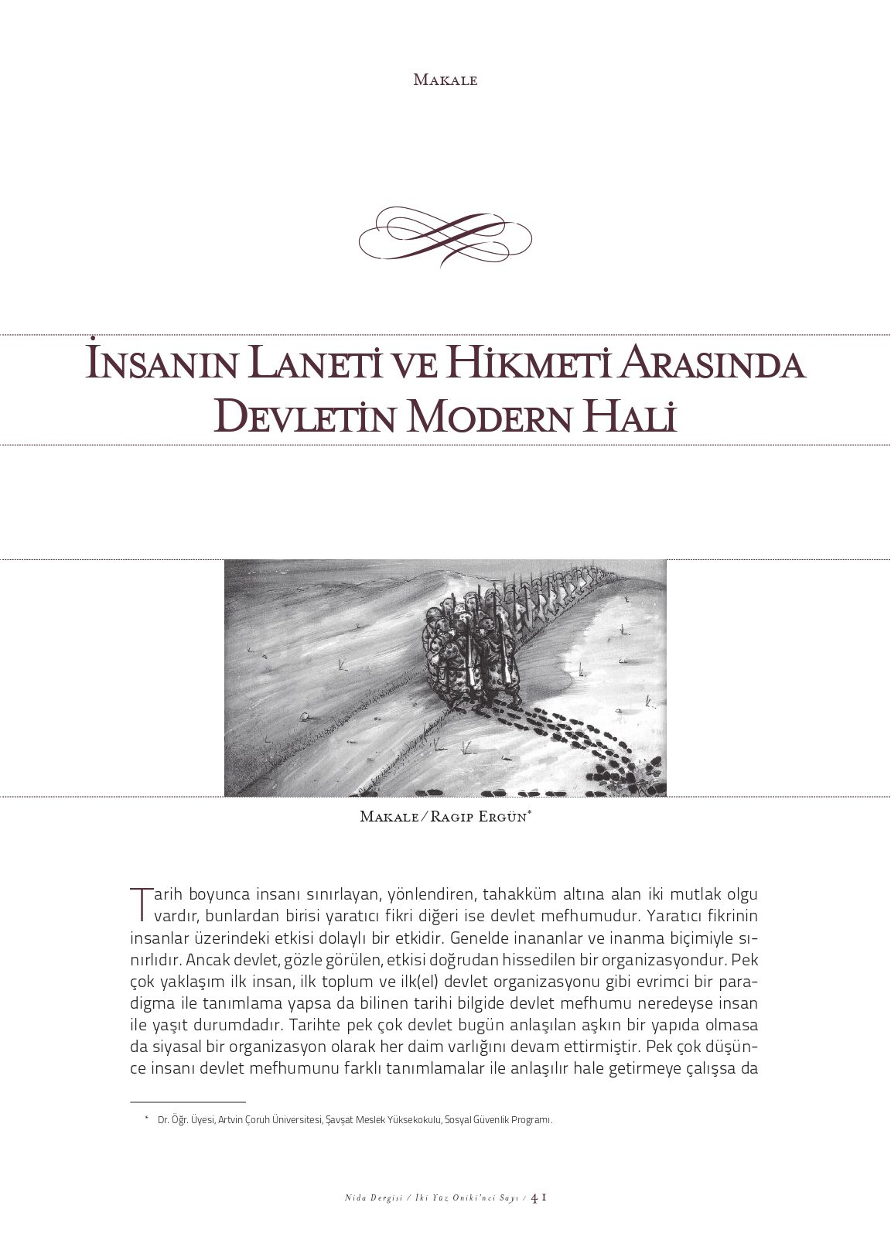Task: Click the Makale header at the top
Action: [445, 80]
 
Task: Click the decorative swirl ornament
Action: [445, 235]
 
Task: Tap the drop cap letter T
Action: [139, 903]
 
